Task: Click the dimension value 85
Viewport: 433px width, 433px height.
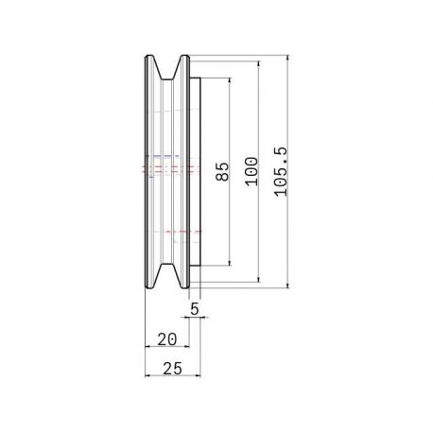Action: click(x=222, y=171)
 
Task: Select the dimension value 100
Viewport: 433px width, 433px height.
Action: click(x=251, y=171)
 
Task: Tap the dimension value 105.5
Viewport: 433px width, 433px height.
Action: click(x=281, y=172)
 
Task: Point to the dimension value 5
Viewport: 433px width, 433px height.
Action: click(x=195, y=309)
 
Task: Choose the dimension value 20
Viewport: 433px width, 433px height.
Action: click(x=167, y=339)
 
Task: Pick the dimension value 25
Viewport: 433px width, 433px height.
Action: click(x=172, y=369)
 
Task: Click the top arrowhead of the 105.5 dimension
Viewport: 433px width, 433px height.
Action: click(x=287, y=59)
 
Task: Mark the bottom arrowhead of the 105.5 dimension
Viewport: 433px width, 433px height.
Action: click(x=287, y=285)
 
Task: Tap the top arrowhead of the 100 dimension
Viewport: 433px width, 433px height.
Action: click(x=259, y=64)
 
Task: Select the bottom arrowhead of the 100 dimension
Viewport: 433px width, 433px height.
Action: click(x=259, y=278)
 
